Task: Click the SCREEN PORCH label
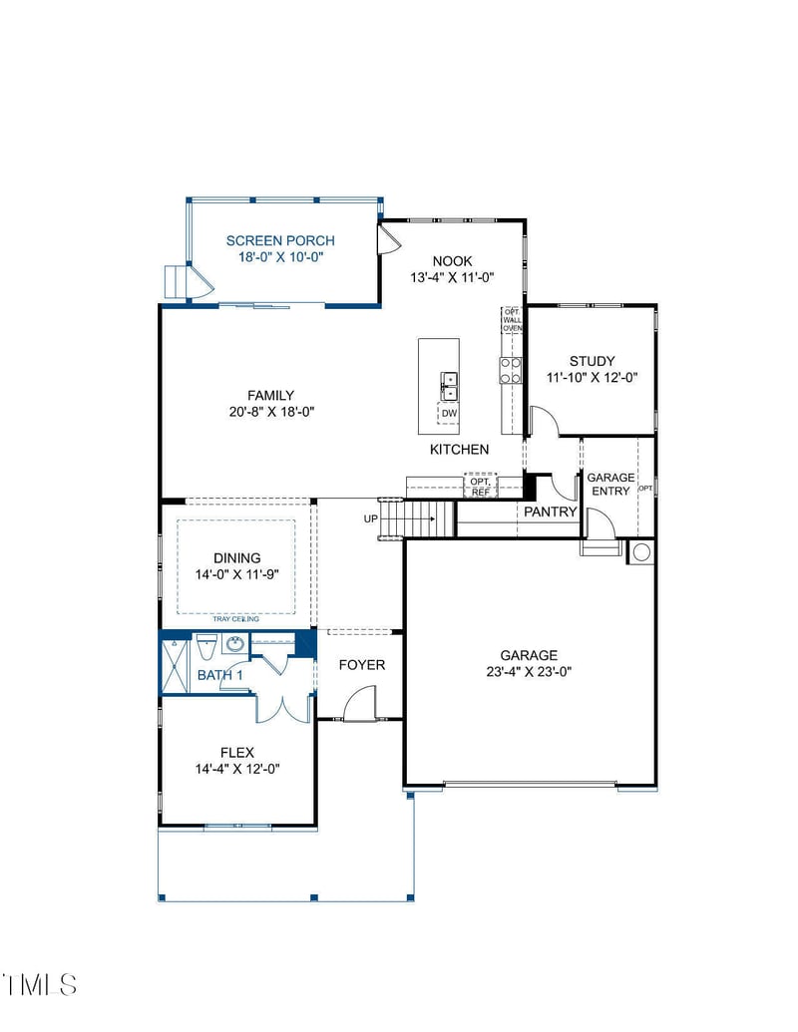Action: (x=280, y=240)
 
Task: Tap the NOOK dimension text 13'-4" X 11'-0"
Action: (x=452, y=278)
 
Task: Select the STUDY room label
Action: (x=592, y=361)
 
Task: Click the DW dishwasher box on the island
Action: (x=449, y=413)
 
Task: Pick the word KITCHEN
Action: (x=459, y=450)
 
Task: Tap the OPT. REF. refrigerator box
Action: (x=480, y=487)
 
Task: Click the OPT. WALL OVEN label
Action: (x=512, y=319)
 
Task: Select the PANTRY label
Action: (x=551, y=512)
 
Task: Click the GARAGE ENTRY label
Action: (x=609, y=484)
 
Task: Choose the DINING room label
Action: (x=236, y=558)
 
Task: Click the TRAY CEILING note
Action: (x=235, y=619)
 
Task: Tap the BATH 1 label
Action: (x=220, y=675)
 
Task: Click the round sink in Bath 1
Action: (x=235, y=645)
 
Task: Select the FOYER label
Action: (x=361, y=665)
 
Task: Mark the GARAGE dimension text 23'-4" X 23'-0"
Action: (x=529, y=671)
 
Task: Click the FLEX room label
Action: (x=237, y=752)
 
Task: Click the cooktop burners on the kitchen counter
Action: (x=510, y=370)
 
